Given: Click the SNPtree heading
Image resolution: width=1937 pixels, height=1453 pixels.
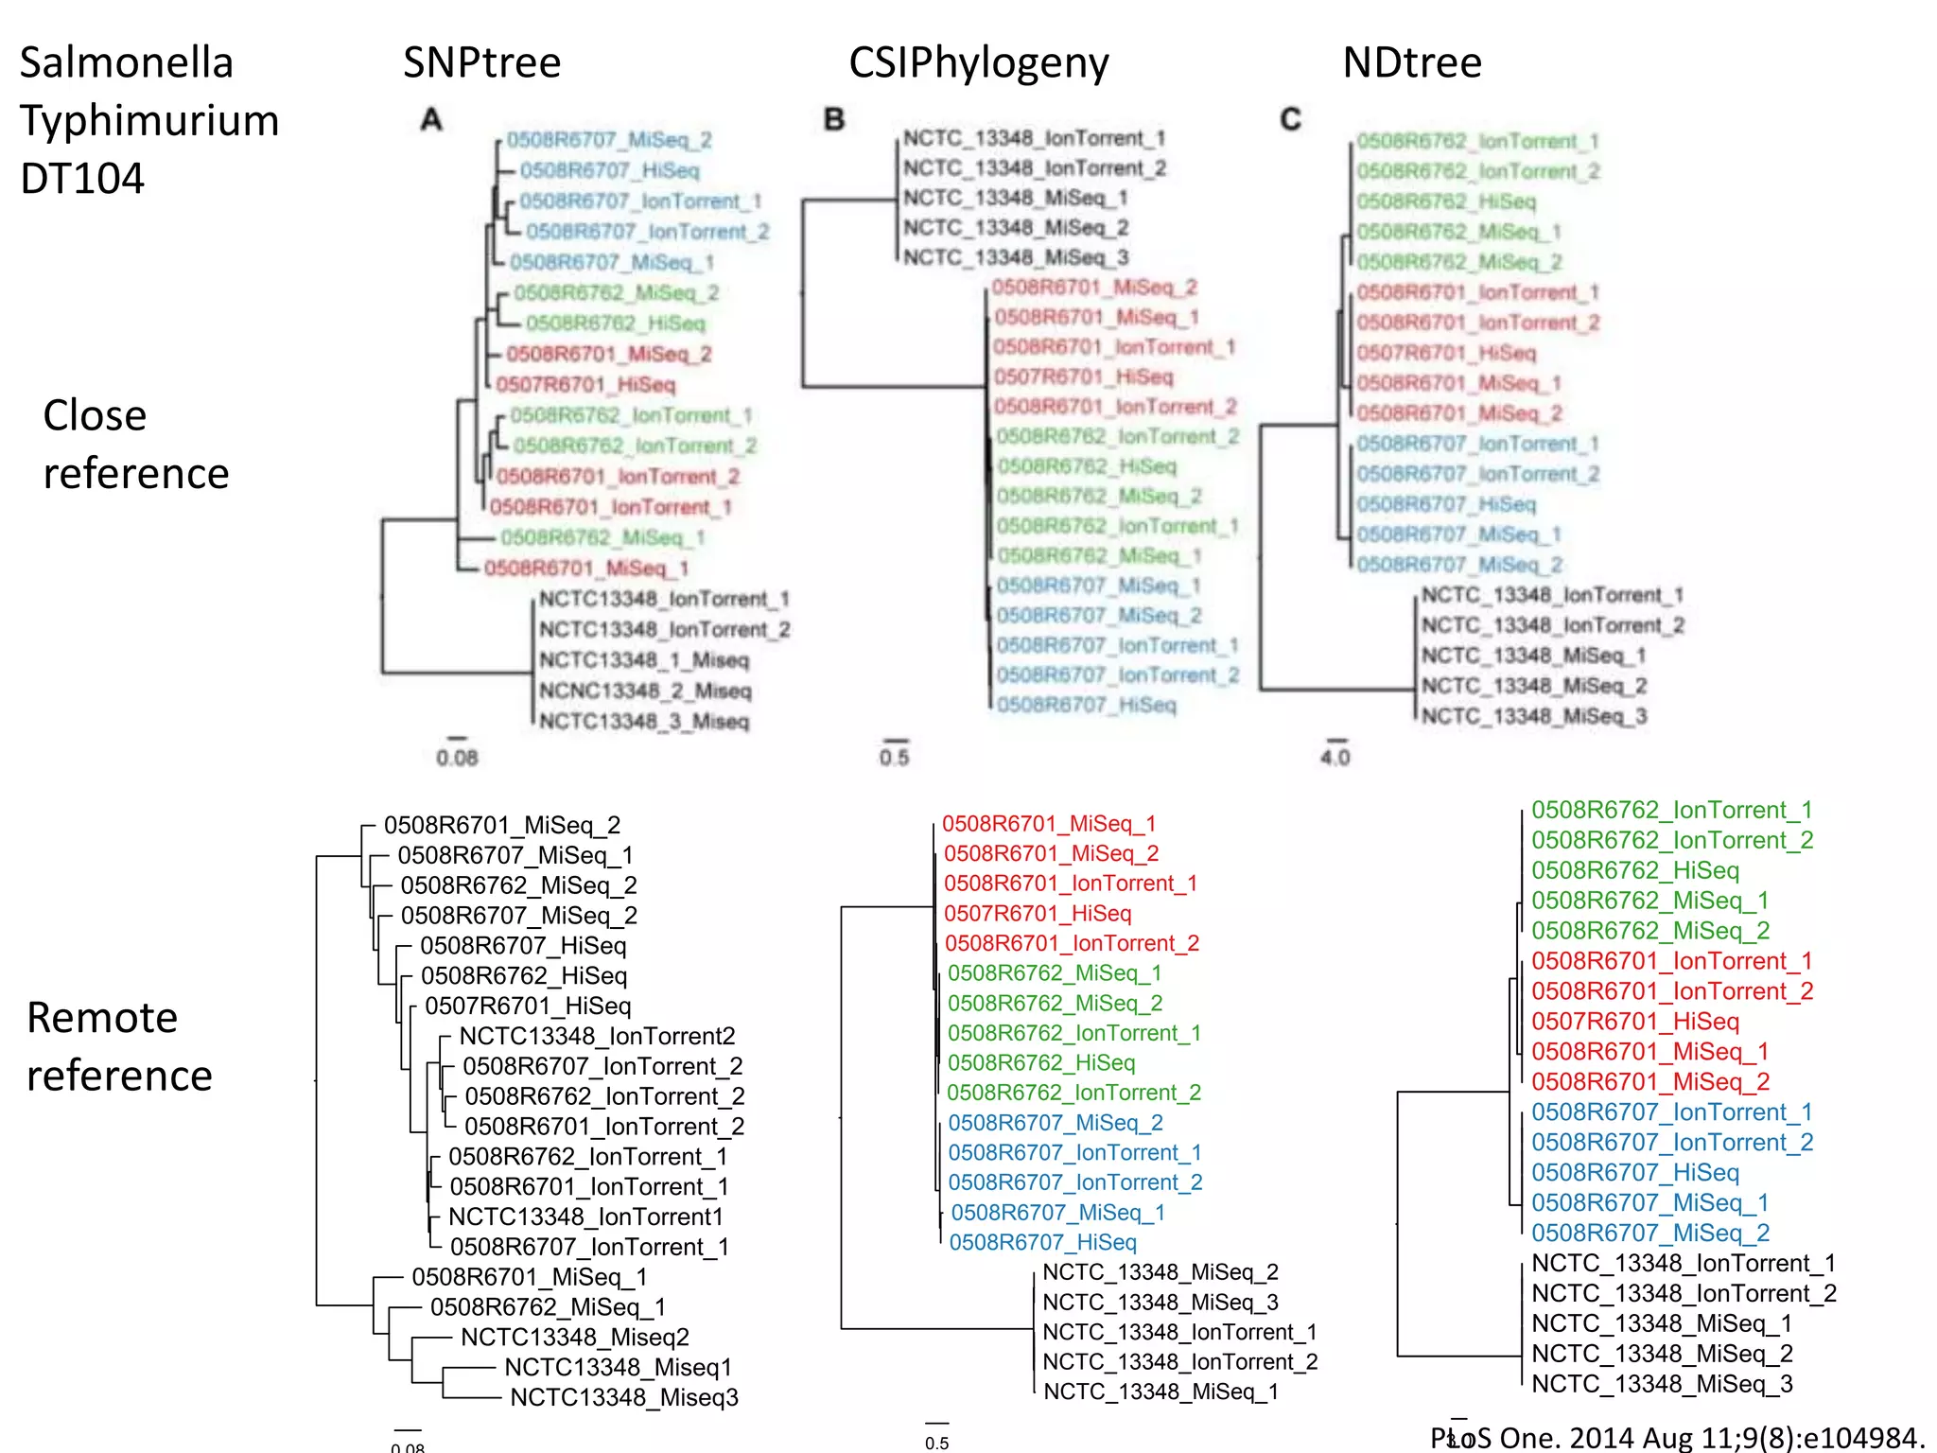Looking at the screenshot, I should click(481, 63).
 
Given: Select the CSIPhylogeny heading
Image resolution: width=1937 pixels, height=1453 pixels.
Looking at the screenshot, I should click(978, 63).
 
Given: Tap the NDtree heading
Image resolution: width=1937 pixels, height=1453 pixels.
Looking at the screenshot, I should click(1411, 63).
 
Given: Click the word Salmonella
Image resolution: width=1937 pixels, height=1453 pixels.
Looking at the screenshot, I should click(126, 63).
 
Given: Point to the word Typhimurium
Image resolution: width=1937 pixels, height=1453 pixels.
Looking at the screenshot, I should click(149, 121).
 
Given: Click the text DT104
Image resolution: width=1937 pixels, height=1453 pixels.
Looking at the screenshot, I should click(82, 179).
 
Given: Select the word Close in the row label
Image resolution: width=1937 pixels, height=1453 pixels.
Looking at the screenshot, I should click(95, 415).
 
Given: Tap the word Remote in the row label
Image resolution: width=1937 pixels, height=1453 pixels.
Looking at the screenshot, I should click(102, 1018).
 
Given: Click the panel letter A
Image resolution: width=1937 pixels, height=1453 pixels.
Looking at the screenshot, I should click(431, 120).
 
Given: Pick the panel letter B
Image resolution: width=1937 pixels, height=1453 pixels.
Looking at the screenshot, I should click(833, 120).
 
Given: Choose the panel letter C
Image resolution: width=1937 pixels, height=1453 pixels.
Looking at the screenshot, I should click(1290, 120).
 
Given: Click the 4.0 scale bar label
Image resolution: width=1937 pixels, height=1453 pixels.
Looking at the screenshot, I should click(1335, 758).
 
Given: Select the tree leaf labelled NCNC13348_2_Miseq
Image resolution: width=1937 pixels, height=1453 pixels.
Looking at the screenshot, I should click(645, 691).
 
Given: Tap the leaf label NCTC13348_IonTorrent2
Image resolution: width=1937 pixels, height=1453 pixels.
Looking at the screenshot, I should click(597, 1036).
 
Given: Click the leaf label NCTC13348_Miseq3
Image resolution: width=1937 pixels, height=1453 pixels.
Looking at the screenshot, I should click(624, 1397).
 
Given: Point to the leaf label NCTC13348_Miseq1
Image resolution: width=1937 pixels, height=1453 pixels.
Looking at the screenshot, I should click(618, 1367).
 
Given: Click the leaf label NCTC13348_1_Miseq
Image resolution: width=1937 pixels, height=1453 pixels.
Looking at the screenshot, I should click(643, 660).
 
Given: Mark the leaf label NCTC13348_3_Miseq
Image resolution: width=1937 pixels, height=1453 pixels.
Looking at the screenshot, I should click(643, 722).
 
